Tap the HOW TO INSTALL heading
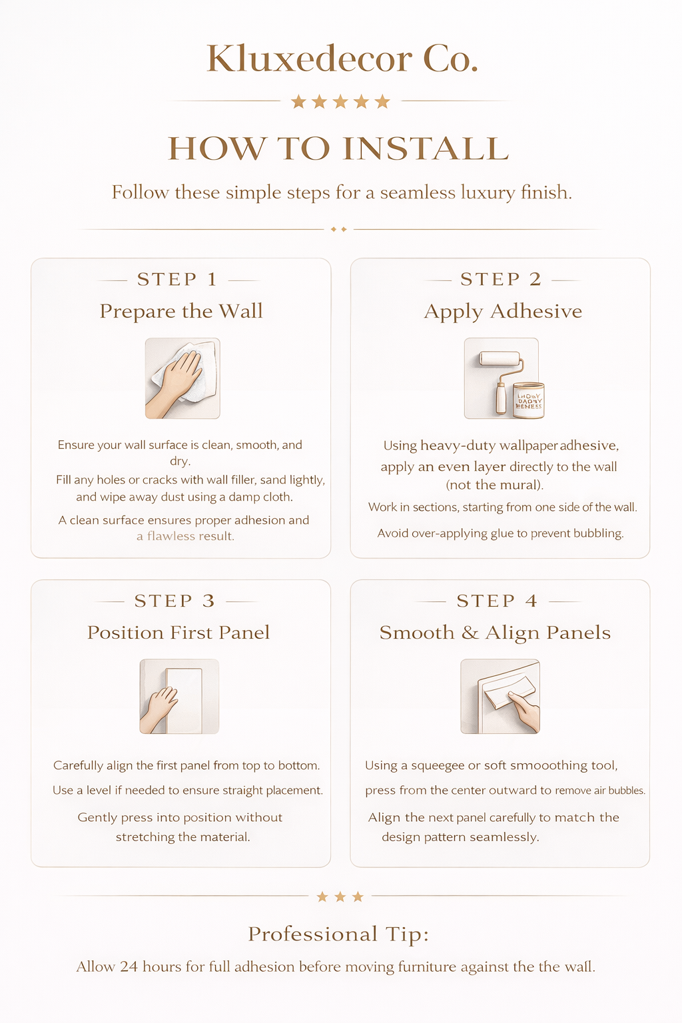click(x=338, y=149)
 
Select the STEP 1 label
click(x=177, y=279)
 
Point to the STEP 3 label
click(x=174, y=601)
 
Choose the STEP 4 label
click(x=497, y=601)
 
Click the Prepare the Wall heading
click(x=181, y=311)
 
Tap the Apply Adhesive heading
click(x=503, y=311)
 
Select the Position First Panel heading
click(x=178, y=632)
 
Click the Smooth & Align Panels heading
click(x=495, y=632)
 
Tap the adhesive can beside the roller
click(x=529, y=400)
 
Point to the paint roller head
click(x=500, y=359)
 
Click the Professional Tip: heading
click(x=338, y=934)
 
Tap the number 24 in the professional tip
click(x=129, y=966)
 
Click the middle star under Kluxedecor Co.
click(x=340, y=101)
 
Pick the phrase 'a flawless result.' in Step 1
click(x=185, y=536)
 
